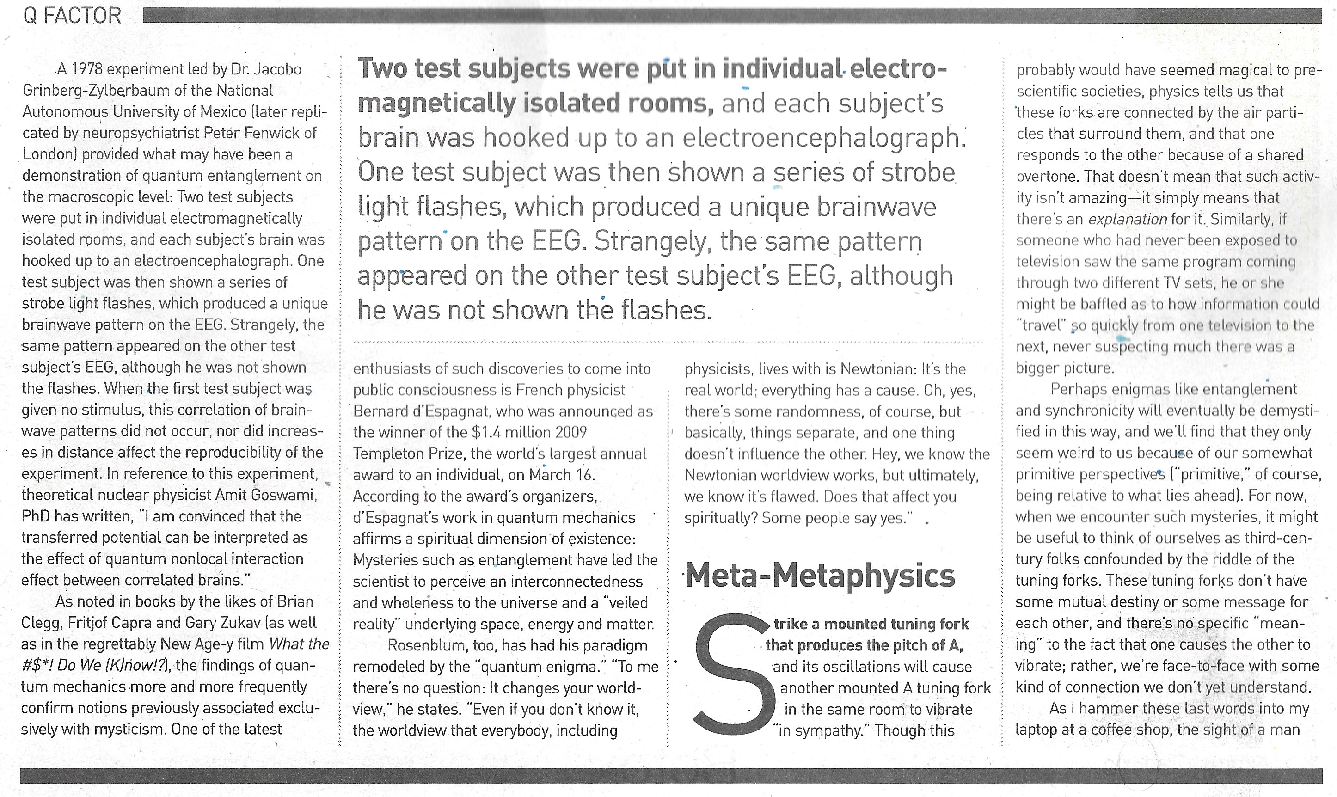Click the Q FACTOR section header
(72, 16)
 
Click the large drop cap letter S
(730, 676)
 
